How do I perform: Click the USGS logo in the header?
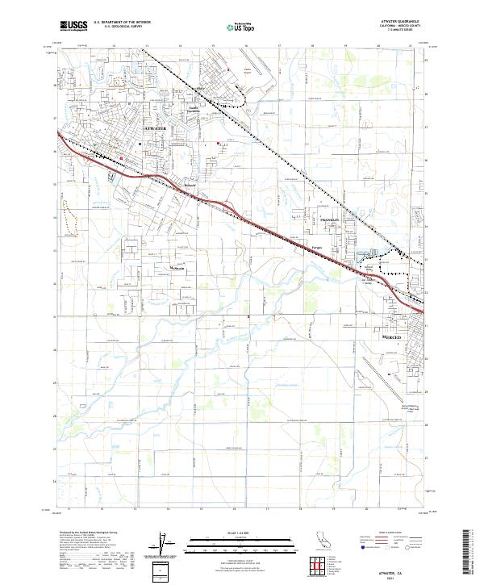pos(74,27)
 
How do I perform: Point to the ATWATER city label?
pos(156,128)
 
